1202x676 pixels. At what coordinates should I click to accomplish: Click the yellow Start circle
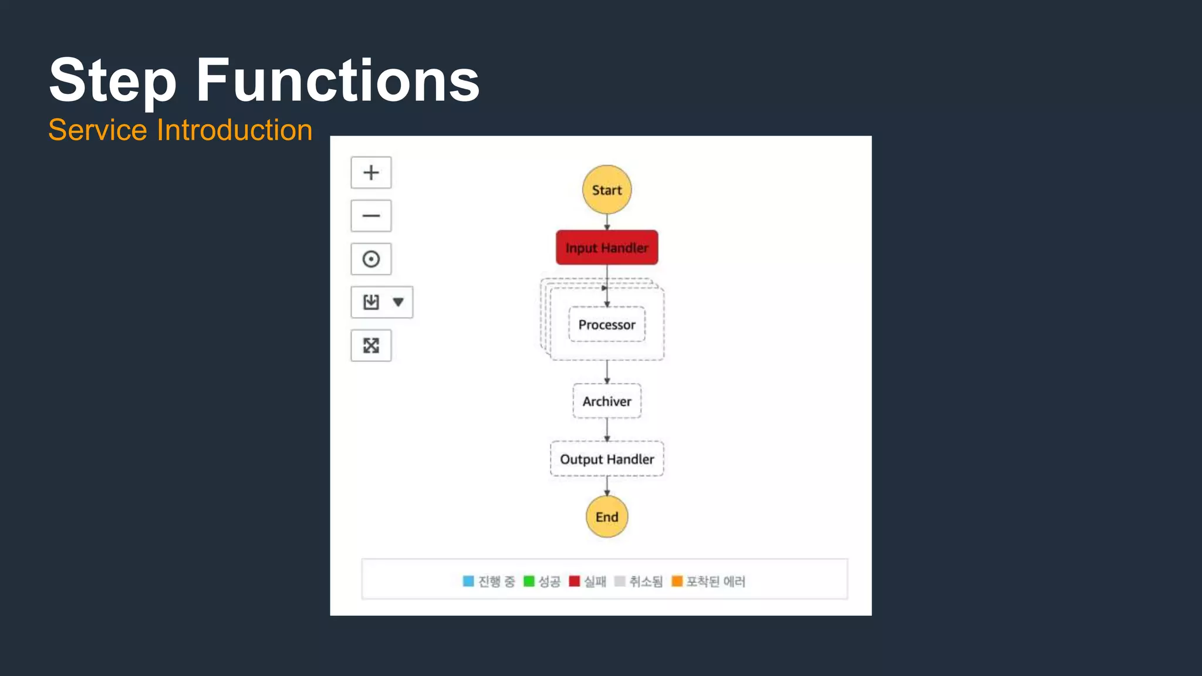click(607, 190)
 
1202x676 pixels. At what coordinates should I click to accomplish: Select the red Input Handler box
click(607, 248)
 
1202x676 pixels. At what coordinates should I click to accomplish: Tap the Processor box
click(607, 325)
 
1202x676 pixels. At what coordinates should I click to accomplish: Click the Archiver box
click(607, 401)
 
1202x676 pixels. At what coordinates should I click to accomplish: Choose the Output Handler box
click(607, 459)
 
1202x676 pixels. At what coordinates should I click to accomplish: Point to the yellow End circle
click(607, 516)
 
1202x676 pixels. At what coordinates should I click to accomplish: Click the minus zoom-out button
click(371, 216)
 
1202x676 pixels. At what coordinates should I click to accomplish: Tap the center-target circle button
click(371, 259)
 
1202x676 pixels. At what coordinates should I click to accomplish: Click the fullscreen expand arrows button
click(371, 346)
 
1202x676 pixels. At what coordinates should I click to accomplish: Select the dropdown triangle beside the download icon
click(399, 302)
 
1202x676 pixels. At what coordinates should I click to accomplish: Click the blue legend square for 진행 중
click(468, 581)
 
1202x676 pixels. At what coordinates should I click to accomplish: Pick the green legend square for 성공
click(529, 581)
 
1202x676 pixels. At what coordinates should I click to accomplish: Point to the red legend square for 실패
click(575, 581)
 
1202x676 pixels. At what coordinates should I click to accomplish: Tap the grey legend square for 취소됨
click(620, 581)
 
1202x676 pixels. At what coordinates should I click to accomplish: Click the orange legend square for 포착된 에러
click(677, 581)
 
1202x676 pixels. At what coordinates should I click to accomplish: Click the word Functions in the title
click(337, 80)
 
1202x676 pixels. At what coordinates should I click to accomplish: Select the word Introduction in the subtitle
click(234, 130)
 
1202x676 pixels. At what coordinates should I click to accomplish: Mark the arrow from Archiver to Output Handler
click(607, 430)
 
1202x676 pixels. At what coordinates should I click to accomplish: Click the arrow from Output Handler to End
click(607, 486)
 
